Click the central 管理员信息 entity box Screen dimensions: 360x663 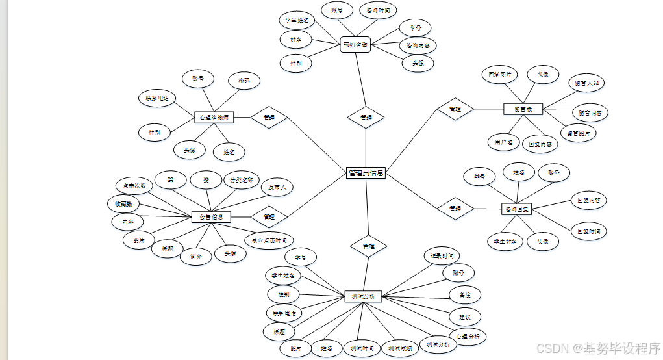click(366, 173)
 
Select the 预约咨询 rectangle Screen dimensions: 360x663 click(355, 45)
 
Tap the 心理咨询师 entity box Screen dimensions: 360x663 click(214, 118)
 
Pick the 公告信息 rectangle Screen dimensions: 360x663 click(211, 216)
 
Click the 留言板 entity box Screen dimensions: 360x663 click(523, 109)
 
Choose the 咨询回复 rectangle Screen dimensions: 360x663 click(517, 209)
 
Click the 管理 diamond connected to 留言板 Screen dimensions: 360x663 click(455, 109)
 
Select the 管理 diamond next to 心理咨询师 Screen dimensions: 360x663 click(269, 118)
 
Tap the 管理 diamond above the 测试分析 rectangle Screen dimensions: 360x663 click(369, 246)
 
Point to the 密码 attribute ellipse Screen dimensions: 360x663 click(244, 81)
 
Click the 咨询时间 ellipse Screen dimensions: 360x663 click(378, 10)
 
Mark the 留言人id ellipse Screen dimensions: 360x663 click(587, 83)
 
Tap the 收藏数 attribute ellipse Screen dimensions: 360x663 click(124, 204)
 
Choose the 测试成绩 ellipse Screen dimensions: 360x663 click(399, 348)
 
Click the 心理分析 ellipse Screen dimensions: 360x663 click(468, 337)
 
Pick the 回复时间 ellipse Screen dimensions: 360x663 click(588, 231)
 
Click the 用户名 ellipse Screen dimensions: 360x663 click(504, 142)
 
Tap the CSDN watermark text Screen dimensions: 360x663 click(597, 348)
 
